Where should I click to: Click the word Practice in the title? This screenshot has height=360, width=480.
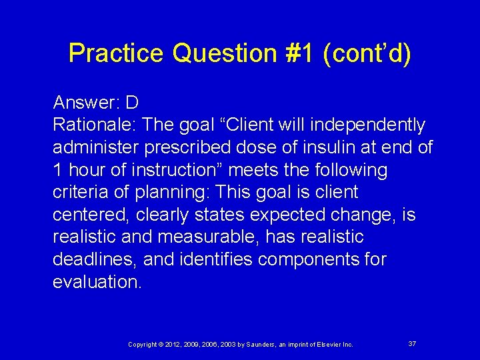[117, 53]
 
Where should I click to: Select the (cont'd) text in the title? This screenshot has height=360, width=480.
[367, 53]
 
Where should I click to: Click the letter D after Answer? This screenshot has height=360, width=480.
[131, 103]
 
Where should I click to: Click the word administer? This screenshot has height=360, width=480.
[95, 147]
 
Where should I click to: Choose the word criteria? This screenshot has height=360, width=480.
[78, 193]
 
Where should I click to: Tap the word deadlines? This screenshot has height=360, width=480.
[94, 259]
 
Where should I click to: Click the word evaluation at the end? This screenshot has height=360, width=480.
[97, 282]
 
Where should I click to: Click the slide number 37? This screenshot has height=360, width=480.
[412, 343]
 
